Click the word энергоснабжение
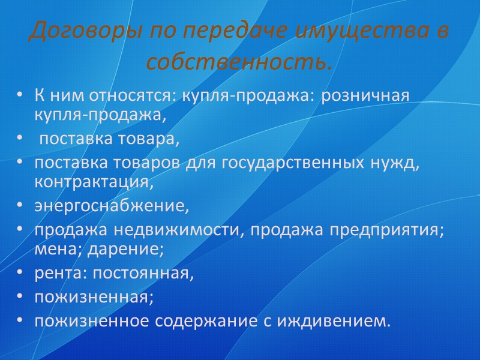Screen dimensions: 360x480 [112, 208]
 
